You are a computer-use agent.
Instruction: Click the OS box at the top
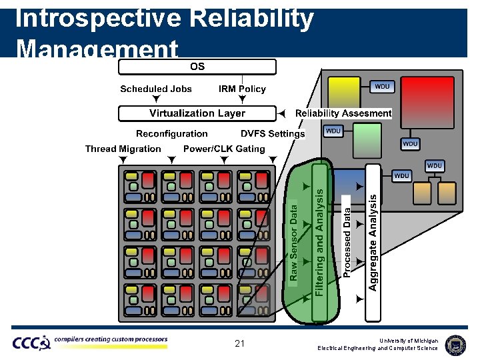pos(197,67)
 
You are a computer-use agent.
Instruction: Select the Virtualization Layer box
pos(197,113)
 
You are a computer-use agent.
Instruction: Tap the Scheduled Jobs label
pos(156,89)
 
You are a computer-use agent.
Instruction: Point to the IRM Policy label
pos(242,89)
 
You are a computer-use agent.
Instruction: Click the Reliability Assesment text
pos(343,113)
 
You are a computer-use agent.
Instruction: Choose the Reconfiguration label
pos(172,133)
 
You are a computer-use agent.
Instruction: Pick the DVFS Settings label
pos(273,133)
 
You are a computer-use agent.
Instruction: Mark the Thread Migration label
pos(123,149)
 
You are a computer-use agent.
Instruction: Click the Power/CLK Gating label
pos(224,149)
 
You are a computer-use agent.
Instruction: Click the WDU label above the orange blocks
pos(434,165)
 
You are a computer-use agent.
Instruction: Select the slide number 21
pos(240,344)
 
